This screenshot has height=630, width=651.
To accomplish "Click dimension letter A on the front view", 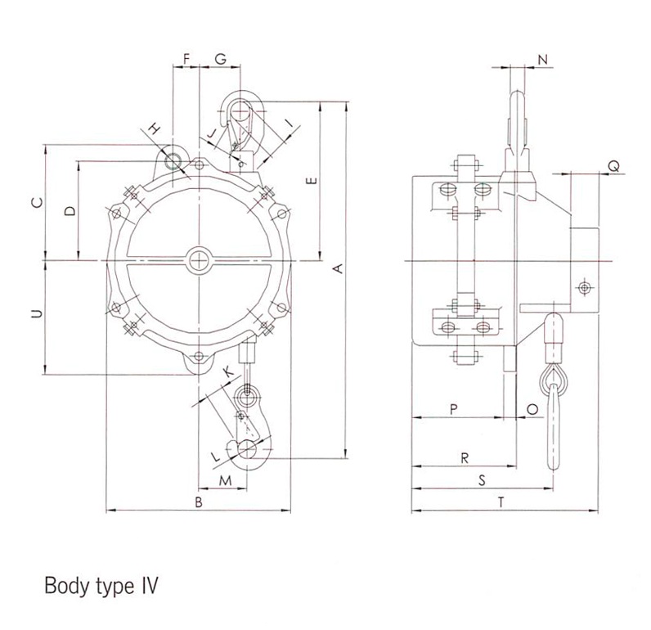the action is (339, 268).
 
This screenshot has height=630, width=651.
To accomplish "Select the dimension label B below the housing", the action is (199, 502).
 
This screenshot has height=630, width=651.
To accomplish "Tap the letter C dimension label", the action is (38, 203).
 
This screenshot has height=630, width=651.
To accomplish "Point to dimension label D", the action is (71, 211).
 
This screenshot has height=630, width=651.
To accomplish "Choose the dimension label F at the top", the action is (186, 59).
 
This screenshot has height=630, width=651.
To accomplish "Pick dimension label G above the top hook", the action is (221, 59).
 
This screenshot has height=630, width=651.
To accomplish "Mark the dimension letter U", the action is (38, 314).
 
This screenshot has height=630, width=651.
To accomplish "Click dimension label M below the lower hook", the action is (225, 481).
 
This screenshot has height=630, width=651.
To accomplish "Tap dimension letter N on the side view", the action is (543, 60).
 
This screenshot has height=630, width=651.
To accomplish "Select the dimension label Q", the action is (614, 167).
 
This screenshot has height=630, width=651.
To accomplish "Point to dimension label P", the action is (454, 409).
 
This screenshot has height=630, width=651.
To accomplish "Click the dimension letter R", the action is (465, 458).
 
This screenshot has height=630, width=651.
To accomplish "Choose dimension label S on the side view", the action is (482, 480).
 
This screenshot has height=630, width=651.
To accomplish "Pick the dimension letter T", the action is (501, 502).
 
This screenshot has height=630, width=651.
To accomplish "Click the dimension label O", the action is (532, 409).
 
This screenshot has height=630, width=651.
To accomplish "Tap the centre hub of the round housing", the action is (199, 260).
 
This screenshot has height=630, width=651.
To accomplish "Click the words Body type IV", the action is (101, 586).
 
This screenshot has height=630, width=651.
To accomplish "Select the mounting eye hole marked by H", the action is (173, 161).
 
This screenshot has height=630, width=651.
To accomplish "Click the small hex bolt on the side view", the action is (585, 287).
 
